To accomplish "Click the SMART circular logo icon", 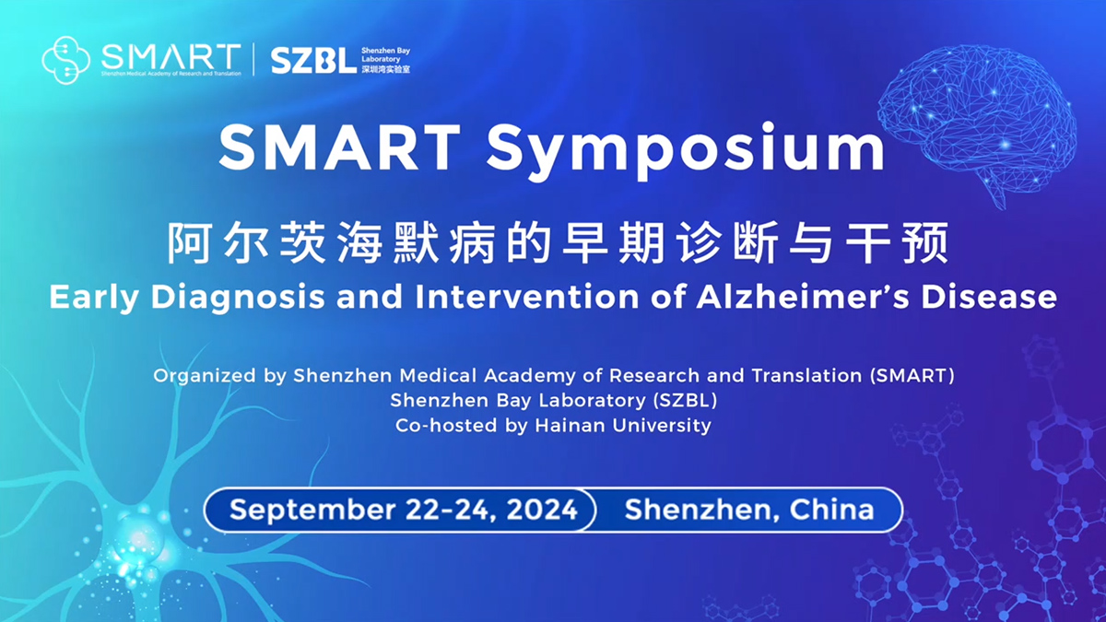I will [x=66, y=60].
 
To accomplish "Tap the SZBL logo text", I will [x=312, y=61].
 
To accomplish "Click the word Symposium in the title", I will [x=686, y=147].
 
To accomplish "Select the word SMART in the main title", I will [x=340, y=147].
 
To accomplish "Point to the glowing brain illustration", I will [x=977, y=120].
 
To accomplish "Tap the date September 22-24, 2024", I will [x=403, y=510].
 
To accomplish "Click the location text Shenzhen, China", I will [x=748, y=510].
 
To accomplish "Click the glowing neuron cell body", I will [x=138, y=534].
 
